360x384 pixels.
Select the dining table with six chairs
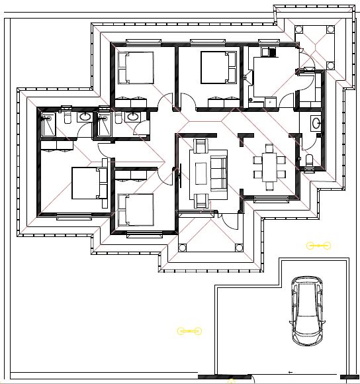pos(269,166)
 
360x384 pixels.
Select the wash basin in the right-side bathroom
pos(316,123)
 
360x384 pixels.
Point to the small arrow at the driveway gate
pos(289,373)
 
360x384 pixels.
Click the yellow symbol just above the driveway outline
pos(318,246)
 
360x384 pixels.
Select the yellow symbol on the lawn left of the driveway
pos(188,330)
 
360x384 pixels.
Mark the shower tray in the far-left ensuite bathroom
pos(49,125)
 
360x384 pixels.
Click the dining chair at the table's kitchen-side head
pos(269,147)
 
